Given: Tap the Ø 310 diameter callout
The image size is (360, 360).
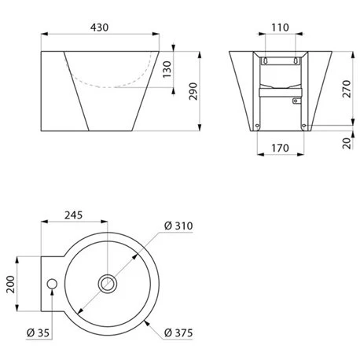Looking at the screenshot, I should pyautogui.click(x=179, y=226).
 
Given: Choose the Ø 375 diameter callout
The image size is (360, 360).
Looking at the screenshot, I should pyautogui.click(x=180, y=332).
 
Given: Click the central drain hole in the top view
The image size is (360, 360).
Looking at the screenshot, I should pyautogui.click(x=105, y=281).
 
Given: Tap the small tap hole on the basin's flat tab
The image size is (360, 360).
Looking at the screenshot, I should pyautogui.click(x=53, y=281).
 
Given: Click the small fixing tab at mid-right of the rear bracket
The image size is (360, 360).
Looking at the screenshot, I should pyautogui.click(x=296, y=100).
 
